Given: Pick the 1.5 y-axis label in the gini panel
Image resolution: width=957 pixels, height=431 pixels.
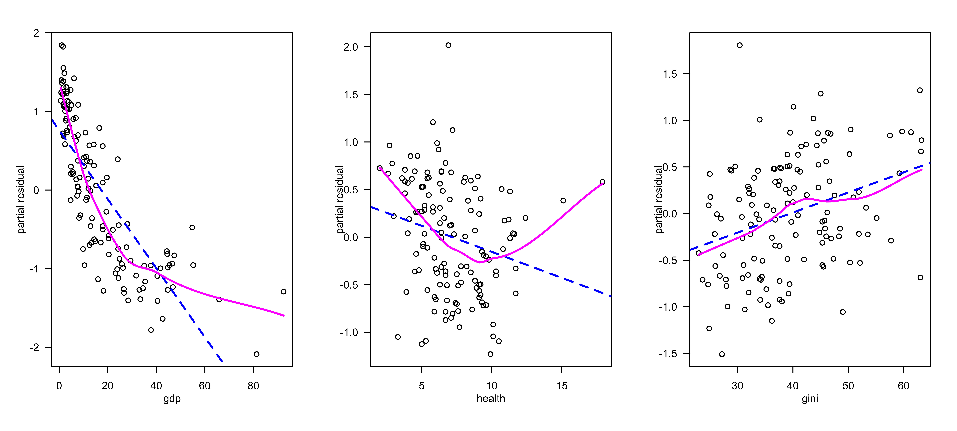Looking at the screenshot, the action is (x=670, y=74).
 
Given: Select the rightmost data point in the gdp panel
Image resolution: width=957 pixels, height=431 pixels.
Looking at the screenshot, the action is (x=283, y=292).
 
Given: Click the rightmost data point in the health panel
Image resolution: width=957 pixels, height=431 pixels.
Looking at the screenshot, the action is (x=603, y=182).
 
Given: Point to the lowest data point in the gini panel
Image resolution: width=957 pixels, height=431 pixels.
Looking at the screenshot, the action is (x=722, y=354).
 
